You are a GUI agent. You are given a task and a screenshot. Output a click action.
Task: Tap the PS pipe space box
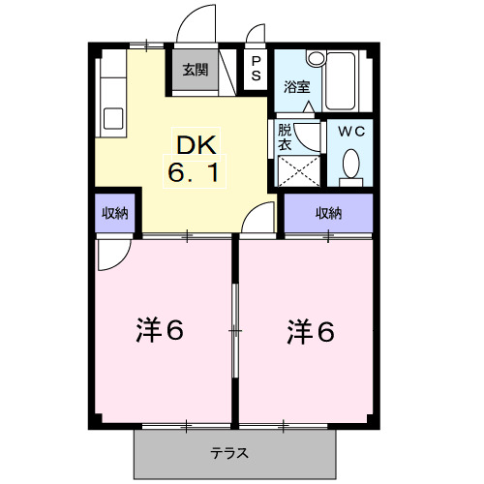255,71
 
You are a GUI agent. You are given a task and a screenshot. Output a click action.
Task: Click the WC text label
349,131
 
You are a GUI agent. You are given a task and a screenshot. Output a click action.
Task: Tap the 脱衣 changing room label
285,135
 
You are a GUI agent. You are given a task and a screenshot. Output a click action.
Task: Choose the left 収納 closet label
118,214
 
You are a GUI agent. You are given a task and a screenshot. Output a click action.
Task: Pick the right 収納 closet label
327,213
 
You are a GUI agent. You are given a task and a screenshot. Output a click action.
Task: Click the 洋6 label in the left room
159,331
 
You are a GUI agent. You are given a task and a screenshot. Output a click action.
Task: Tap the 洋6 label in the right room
310,331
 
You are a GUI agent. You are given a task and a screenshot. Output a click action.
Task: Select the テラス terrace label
229,452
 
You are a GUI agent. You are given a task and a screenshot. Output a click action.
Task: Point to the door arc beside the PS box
256,37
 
